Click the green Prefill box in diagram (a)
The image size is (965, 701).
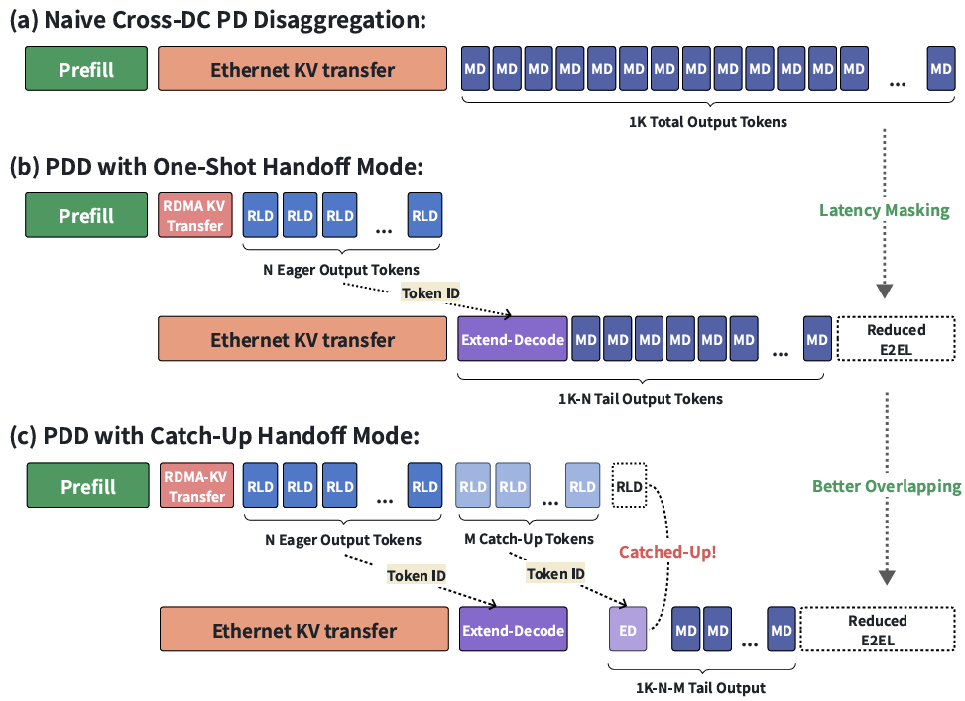click(86, 69)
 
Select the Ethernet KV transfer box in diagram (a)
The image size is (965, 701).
click(302, 69)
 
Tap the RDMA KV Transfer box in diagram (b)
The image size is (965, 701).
click(195, 215)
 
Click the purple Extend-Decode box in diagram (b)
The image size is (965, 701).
click(513, 339)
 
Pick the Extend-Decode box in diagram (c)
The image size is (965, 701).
click(514, 630)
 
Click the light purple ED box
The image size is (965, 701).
click(628, 629)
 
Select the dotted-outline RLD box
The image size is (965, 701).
click(629, 486)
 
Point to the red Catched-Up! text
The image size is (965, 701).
click(667, 552)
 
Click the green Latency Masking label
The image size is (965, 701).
click(885, 210)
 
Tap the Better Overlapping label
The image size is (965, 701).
click(887, 486)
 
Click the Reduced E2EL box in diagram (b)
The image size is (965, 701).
click(897, 339)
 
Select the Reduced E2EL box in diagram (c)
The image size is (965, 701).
click(878, 630)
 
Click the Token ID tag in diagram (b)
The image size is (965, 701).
click(430, 292)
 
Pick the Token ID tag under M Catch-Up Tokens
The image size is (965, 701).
click(555, 574)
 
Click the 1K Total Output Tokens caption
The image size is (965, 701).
click(708, 122)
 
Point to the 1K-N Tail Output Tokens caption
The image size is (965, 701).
click(640, 399)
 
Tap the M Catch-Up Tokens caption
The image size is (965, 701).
click(529, 539)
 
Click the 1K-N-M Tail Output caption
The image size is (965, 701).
click(700, 687)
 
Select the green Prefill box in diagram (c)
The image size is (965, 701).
click(88, 486)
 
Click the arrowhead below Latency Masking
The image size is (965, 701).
click(885, 292)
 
